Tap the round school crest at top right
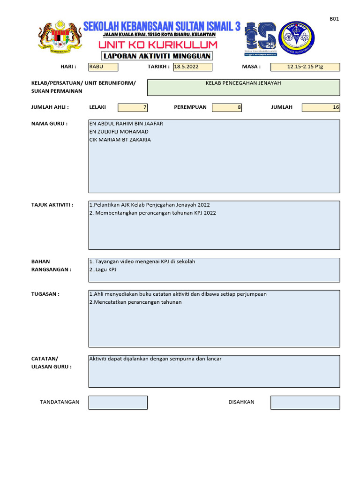pyautogui.click(x=296, y=37)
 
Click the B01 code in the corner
pyautogui.click(x=334, y=19)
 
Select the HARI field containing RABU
pyautogui.click(x=103, y=67)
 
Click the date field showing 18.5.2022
pyautogui.click(x=193, y=67)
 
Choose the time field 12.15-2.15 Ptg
pyautogui.click(x=305, y=67)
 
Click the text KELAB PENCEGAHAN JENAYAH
pyautogui.click(x=243, y=83)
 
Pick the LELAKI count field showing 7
pyautogui.click(x=133, y=107)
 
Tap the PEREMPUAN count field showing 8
pyautogui.click(x=227, y=107)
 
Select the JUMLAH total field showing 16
pyautogui.click(x=321, y=107)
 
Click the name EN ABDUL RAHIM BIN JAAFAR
pyautogui.click(x=126, y=124)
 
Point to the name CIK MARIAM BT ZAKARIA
pyautogui.click(x=120, y=140)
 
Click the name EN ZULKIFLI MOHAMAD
pyautogui.click(x=119, y=132)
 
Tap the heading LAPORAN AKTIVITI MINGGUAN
pyautogui.click(x=157, y=56)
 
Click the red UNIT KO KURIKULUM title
pyautogui.click(x=158, y=45)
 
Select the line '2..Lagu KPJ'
pyautogui.click(x=103, y=270)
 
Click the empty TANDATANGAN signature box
pyautogui.click(x=118, y=402)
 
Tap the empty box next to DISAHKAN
pyautogui.click(x=305, y=402)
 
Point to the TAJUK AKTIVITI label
pyautogui.click(x=52, y=205)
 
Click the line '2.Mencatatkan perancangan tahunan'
pyautogui.click(x=135, y=302)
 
